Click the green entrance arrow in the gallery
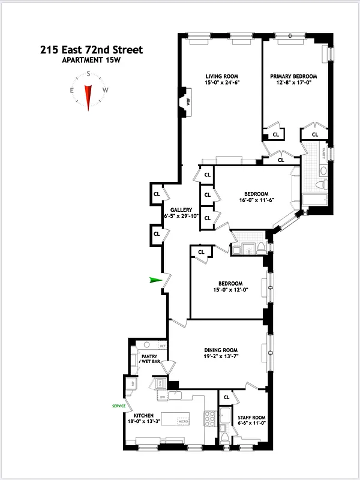pos(156,280)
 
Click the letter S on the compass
pos(88,74)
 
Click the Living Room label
pos(220,76)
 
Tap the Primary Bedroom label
pos(293,76)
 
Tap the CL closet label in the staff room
pos(226,397)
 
